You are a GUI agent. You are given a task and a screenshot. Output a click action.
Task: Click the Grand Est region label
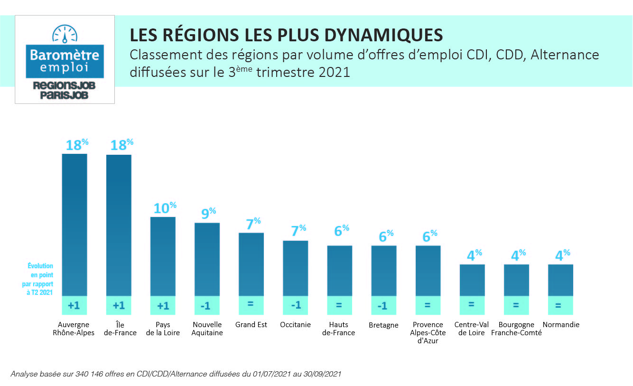pyautogui.click(x=251, y=325)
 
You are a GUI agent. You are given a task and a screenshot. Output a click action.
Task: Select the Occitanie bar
pyautogui.click(x=296, y=268)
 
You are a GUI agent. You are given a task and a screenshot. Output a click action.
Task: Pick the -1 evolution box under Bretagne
pyautogui.click(x=383, y=306)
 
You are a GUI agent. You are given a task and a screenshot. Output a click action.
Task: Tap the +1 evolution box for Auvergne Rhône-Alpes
pyautogui.click(x=74, y=306)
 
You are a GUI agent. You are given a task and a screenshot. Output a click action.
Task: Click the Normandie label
pyautogui.click(x=560, y=325)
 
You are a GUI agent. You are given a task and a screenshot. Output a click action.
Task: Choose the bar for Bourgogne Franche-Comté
pyautogui.click(x=516, y=280)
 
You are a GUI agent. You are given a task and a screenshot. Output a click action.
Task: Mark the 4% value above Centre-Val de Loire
pyautogui.click(x=474, y=255)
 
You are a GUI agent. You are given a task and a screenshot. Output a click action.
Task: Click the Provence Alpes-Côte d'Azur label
pyautogui.click(x=428, y=333)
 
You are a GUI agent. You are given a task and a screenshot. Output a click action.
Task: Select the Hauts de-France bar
pyautogui.click(x=340, y=271)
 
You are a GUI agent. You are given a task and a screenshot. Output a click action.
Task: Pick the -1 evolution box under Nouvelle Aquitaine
pyautogui.click(x=207, y=306)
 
